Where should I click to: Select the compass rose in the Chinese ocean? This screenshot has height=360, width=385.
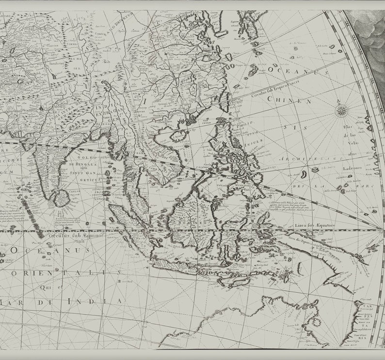(x=342, y=111)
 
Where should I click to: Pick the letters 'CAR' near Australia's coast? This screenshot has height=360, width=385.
(x=368, y=307)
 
